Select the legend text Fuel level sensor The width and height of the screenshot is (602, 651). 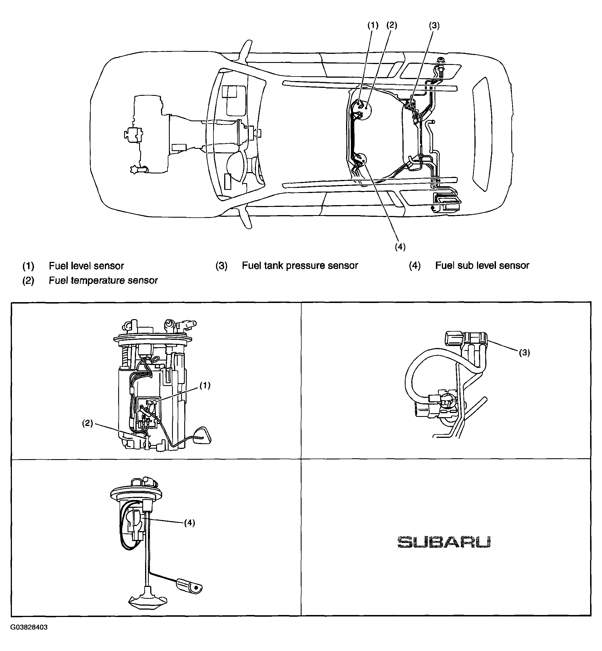(x=86, y=266)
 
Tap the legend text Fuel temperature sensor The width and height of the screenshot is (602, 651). (x=103, y=280)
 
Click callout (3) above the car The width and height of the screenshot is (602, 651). (x=434, y=26)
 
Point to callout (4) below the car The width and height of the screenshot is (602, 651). (x=400, y=247)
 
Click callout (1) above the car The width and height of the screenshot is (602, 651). (x=373, y=26)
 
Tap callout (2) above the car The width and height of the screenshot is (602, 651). (x=392, y=26)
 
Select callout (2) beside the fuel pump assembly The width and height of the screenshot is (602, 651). (x=87, y=423)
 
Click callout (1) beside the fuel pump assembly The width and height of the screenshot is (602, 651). (x=205, y=386)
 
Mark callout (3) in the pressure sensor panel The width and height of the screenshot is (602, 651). (x=524, y=353)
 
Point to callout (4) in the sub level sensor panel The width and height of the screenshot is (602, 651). (x=190, y=523)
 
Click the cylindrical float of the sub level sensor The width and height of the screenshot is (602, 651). (x=189, y=587)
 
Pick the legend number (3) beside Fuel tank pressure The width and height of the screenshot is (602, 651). (x=222, y=266)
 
